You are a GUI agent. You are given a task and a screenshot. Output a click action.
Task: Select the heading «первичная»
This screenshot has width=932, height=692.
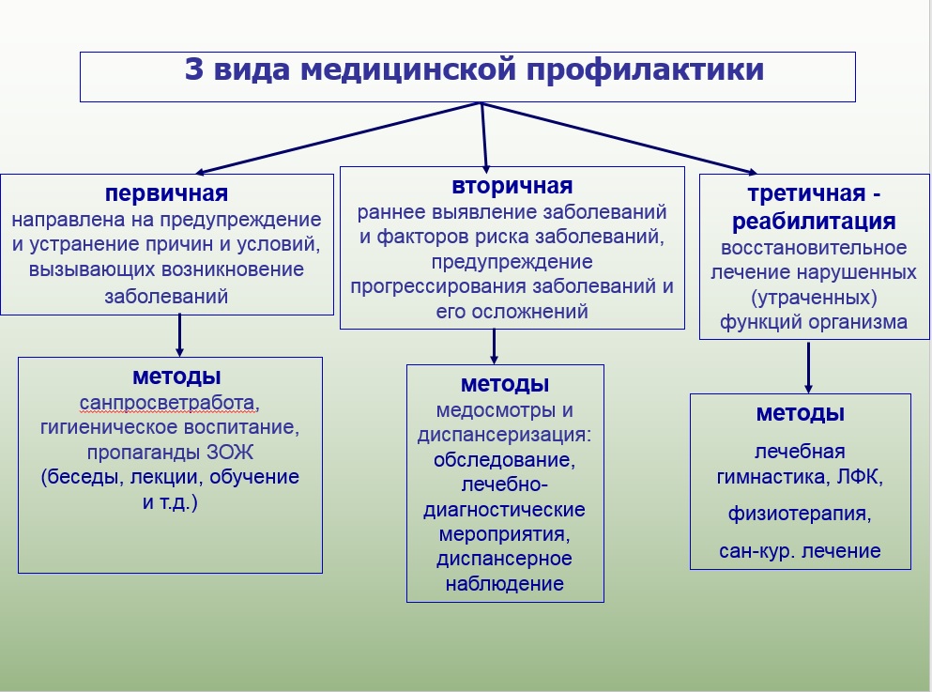point(167,193)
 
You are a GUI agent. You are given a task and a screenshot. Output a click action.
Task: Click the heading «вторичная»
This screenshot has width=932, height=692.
point(512,186)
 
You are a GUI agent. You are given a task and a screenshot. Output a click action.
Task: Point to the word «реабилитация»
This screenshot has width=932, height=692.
point(814,223)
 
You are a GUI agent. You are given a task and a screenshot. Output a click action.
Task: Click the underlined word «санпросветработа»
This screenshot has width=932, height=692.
point(167,404)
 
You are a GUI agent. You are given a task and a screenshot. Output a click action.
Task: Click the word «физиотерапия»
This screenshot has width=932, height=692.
point(801,514)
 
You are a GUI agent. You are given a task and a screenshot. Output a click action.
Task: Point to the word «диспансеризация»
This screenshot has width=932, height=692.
point(504,436)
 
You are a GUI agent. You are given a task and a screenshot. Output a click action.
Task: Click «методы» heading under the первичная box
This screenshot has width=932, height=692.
point(176,377)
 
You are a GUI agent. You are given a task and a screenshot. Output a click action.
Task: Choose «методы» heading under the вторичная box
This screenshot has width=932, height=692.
point(505,384)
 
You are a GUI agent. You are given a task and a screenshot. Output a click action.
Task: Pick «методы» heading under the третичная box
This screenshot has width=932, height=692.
point(801,413)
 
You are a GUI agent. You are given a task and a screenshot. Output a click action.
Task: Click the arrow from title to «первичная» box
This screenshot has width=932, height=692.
point(338,138)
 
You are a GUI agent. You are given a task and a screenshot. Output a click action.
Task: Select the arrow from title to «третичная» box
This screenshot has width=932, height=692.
point(619,138)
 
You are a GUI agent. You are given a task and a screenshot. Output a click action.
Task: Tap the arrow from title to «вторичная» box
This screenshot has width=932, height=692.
point(484,136)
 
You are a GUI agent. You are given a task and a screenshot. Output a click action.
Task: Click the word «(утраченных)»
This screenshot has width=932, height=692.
point(814,298)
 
